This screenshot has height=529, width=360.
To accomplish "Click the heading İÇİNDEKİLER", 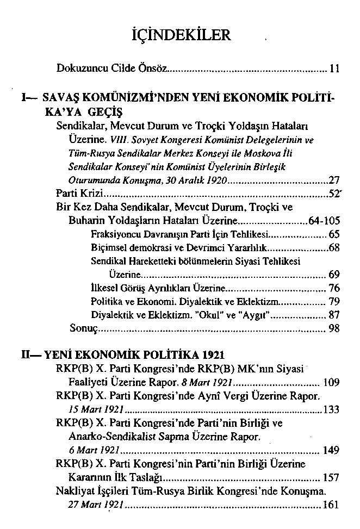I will coord(182,36).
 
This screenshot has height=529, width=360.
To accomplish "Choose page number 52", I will coord(334,194).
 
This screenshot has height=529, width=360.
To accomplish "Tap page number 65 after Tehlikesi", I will coord(334,235).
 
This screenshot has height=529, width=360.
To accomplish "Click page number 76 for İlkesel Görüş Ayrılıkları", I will coord(334,288).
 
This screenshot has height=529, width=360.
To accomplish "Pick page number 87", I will coord(334,314).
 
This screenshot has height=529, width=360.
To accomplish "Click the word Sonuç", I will coord(83,328).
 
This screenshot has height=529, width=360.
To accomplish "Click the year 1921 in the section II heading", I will coord(212,355).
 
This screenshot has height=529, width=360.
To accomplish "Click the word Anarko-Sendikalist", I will coord(111,436).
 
